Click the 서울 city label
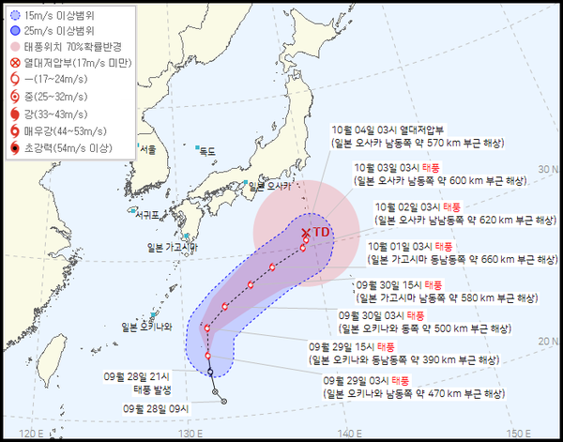point(147,149)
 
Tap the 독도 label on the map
point(207,150)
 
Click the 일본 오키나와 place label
point(147,327)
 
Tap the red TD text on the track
point(322,230)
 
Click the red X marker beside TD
point(307,232)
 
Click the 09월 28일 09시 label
point(158,408)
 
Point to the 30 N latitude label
point(543,169)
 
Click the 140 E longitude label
point(350,432)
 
